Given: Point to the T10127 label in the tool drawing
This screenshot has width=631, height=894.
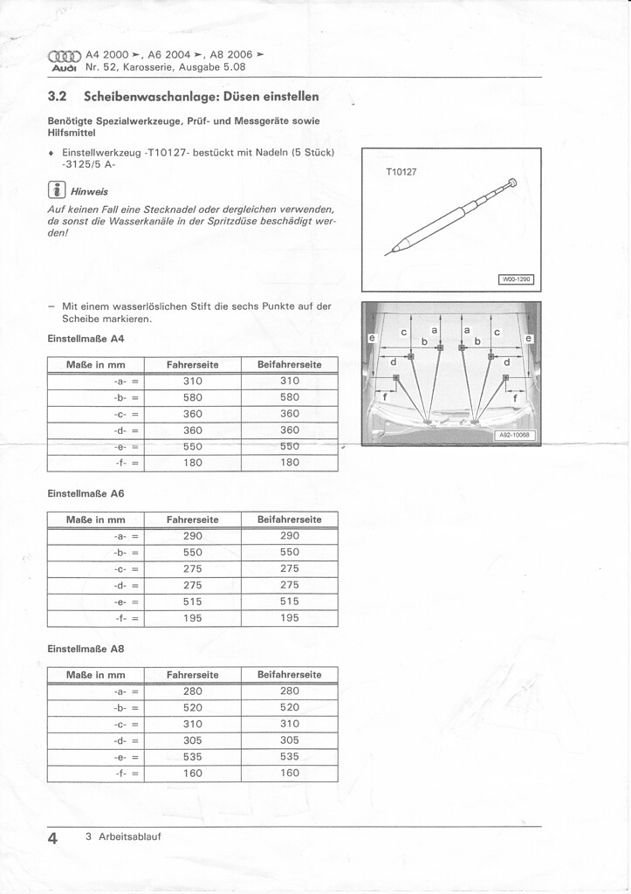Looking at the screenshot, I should click(x=401, y=172).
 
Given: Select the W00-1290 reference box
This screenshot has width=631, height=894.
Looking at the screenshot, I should click(x=516, y=279).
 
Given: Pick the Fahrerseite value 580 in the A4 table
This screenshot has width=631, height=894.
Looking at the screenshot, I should click(x=193, y=397).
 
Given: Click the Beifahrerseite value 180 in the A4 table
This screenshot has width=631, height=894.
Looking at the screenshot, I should click(x=290, y=463).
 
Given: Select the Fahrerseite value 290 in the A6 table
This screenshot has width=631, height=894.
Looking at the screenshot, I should click(x=193, y=536).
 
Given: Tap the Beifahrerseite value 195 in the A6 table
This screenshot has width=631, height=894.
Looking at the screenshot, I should click(x=290, y=618).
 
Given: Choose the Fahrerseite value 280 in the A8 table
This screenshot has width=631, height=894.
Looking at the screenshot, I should click(x=193, y=691).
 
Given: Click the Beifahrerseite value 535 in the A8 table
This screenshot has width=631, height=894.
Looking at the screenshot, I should click(x=290, y=757).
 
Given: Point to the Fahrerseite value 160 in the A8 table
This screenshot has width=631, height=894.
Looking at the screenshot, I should click(x=193, y=774).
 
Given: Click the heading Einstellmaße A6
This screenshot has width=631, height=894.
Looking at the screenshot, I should click(x=86, y=494).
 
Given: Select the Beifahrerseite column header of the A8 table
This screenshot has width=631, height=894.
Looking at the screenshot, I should click(x=290, y=675).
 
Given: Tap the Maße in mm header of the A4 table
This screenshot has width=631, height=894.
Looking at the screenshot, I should click(x=96, y=364).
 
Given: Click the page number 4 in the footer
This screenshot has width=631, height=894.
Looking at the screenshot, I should click(x=53, y=838).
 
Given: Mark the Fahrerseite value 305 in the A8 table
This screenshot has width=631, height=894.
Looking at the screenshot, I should click(x=193, y=740).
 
